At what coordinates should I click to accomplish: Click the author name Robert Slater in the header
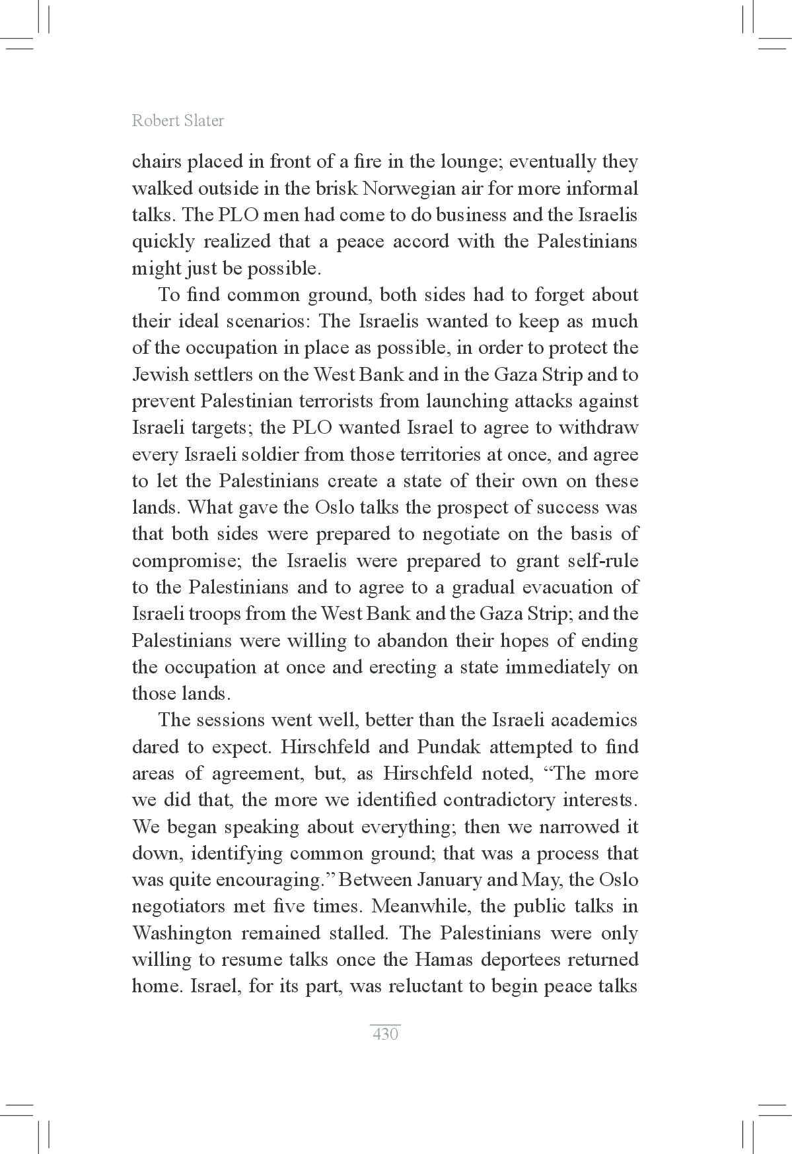coord(178,121)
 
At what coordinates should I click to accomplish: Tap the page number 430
coord(385,1034)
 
